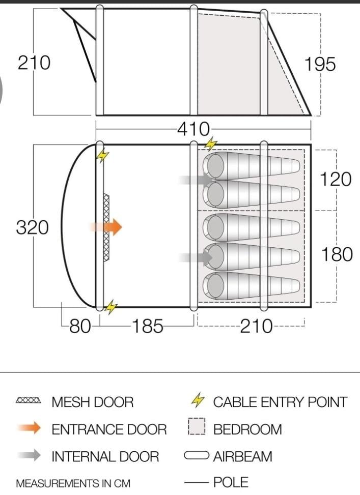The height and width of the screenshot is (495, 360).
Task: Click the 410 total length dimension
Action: click(x=193, y=129)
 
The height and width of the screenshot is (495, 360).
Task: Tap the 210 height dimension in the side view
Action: click(x=34, y=63)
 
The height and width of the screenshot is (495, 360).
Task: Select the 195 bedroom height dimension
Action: click(x=320, y=65)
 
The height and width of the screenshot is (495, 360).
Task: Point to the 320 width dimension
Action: click(x=33, y=227)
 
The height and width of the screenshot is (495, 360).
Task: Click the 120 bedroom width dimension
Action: click(x=336, y=179)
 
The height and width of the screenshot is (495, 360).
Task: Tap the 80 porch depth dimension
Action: click(x=79, y=326)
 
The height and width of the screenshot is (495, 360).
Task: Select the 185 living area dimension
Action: click(x=148, y=326)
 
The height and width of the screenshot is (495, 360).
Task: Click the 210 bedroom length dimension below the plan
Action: click(x=256, y=326)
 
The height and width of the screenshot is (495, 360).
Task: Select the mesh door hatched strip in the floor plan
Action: click(x=106, y=227)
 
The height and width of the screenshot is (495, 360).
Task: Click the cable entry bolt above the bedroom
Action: click(x=210, y=144)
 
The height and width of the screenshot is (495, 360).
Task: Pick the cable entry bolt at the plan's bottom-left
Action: click(x=110, y=307)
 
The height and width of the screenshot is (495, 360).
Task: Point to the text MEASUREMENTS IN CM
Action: click(x=73, y=483)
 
